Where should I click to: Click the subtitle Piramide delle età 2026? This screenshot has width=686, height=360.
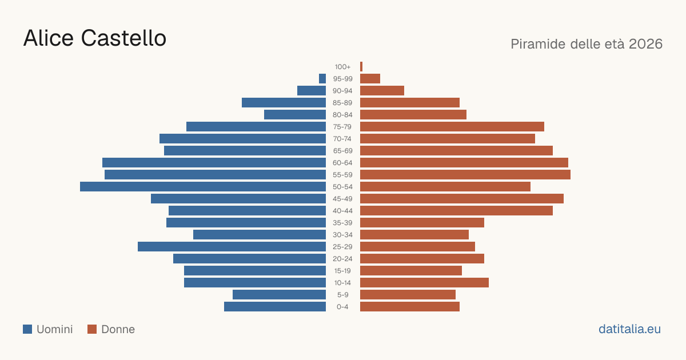(x=587, y=44)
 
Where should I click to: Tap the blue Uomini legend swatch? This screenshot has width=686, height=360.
(x=27, y=329)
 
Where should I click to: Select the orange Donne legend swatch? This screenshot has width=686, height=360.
(x=92, y=329)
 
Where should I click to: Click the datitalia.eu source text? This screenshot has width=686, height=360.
(x=629, y=329)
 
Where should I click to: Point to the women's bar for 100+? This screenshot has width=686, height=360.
(x=361, y=67)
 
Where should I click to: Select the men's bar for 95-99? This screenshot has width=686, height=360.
(x=322, y=79)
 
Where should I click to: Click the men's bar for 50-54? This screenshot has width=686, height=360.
(x=203, y=187)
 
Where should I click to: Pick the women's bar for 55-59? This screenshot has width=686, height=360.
(x=465, y=175)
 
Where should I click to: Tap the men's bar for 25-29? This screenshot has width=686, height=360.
(x=232, y=247)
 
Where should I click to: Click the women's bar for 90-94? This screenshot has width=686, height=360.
(x=382, y=91)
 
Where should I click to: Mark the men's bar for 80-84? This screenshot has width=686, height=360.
(x=295, y=115)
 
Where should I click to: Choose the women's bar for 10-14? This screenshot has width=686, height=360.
(x=424, y=282)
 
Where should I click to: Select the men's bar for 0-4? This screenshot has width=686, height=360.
(x=275, y=307)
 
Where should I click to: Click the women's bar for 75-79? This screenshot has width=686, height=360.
(x=452, y=127)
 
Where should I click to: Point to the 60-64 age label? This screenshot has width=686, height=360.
(x=342, y=163)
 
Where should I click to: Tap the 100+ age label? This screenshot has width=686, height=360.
(x=342, y=67)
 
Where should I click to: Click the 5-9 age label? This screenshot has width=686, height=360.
(x=342, y=295)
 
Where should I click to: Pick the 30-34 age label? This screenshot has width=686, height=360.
(x=342, y=235)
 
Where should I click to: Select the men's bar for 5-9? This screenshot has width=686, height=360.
(x=280, y=295)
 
